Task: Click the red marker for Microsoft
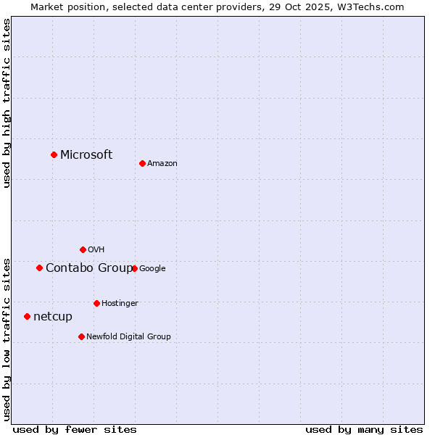coord(54,154)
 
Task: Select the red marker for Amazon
coord(142,163)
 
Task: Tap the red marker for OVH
coord(83,249)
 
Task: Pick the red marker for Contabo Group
coord(39,268)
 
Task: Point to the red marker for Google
coord(134,268)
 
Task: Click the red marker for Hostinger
coord(96,303)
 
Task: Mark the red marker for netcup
coord(27,316)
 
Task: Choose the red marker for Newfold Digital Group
coord(81,336)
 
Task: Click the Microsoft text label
coord(86,154)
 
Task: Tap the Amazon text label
coord(162,164)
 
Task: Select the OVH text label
coord(96,250)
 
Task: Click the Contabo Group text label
coord(89,268)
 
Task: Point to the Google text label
coord(152,269)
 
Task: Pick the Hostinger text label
coord(120,304)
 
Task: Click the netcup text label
coord(53,317)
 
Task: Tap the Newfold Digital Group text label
coord(128,337)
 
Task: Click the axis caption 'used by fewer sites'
coord(75,429)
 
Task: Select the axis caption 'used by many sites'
coord(364,429)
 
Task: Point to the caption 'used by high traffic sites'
coord(7,103)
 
